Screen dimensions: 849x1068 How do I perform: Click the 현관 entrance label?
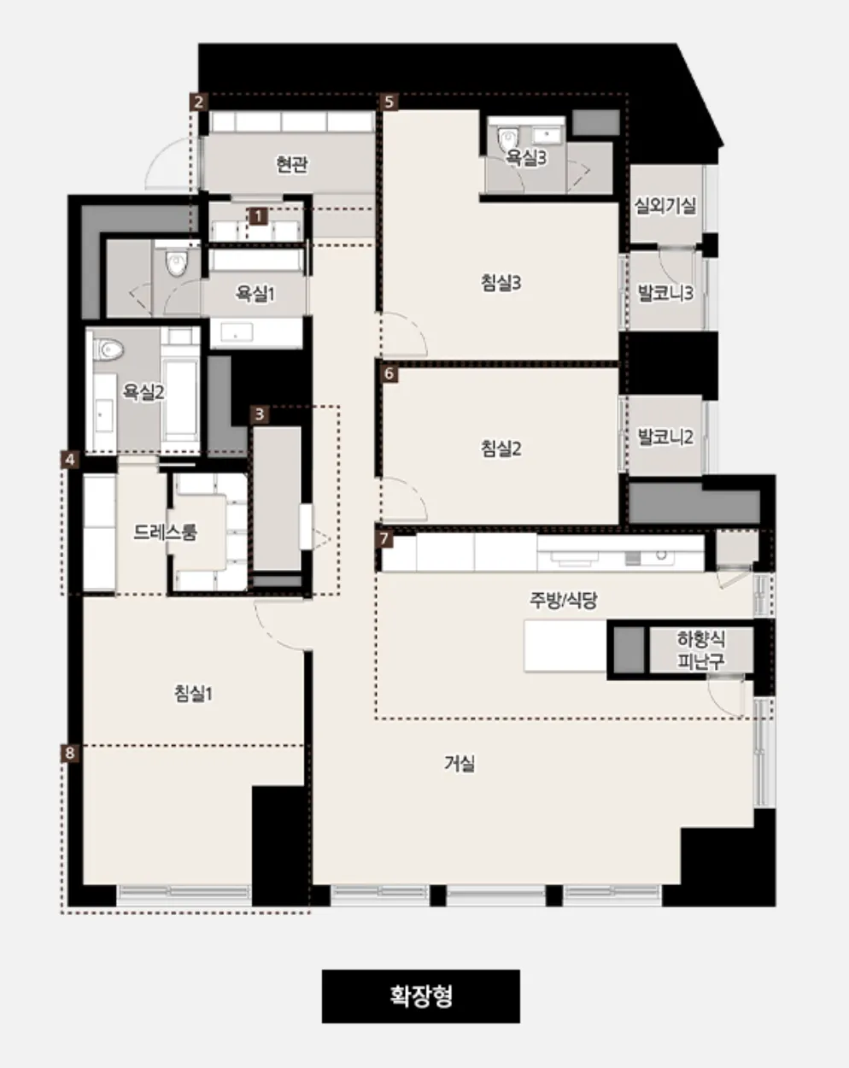tap(292, 164)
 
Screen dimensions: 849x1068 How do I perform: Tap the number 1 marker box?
tap(258, 216)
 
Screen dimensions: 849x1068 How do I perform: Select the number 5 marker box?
tap(389, 103)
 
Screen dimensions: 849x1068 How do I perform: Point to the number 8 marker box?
tap(70, 753)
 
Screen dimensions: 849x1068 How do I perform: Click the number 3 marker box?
tap(260, 414)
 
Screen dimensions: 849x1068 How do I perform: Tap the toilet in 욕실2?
tap(110, 349)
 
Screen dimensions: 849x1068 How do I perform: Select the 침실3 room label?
tap(501, 284)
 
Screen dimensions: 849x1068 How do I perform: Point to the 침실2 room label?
tap(501, 449)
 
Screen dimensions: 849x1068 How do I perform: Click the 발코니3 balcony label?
tap(665, 293)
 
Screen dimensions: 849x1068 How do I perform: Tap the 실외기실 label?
tap(665, 205)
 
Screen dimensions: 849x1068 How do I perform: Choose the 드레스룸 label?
tap(165, 532)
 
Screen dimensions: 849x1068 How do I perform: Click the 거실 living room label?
tap(460, 763)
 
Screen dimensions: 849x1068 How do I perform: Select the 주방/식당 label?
tap(563, 600)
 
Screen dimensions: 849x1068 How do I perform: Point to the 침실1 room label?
tap(193, 693)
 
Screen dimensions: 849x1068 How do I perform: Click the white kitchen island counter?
tap(565, 646)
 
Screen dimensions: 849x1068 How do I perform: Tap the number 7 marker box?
tap(384, 538)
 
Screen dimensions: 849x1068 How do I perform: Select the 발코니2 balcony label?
tap(665, 437)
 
